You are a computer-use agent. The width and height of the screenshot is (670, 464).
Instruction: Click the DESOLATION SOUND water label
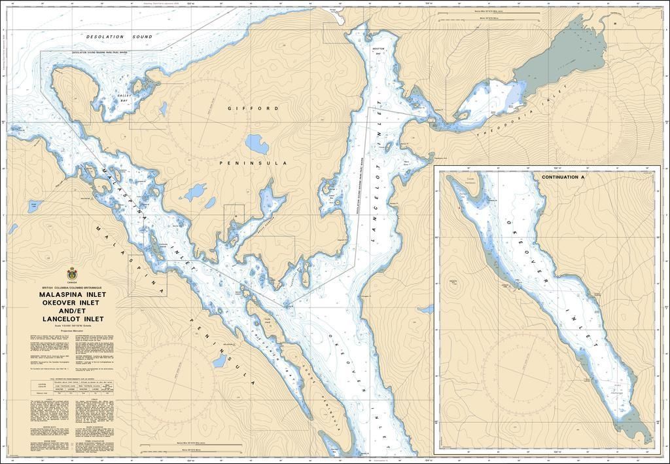119,37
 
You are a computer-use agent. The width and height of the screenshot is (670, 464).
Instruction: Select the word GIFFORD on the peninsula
253,108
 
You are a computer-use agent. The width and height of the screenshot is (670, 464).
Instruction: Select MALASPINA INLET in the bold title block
71,295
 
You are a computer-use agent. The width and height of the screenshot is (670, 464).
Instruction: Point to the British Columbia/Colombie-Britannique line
71,288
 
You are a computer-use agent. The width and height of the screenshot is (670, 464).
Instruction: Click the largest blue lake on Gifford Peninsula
255,142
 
